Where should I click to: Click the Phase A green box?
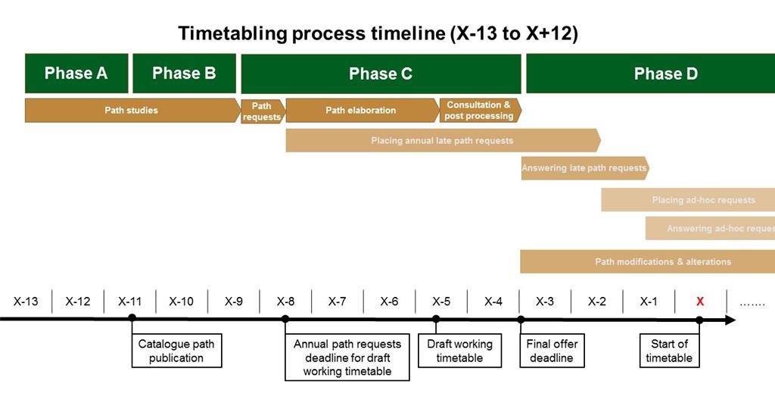[x=76, y=73]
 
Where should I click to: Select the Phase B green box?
[x=184, y=73]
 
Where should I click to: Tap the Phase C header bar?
[x=381, y=74]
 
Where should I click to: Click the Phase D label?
[x=665, y=74]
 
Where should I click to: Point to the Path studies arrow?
[x=132, y=111]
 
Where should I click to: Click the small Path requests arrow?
[x=262, y=111]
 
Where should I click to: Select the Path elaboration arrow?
[x=361, y=111]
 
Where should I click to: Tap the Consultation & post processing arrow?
[x=479, y=111]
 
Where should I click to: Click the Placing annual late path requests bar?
[x=442, y=140]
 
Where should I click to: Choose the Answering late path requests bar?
[x=584, y=168]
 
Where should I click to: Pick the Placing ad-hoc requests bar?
[x=703, y=200]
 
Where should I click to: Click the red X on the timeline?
[x=700, y=301]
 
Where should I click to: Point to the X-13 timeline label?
[x=26, y=301]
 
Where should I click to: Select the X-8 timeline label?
[x=285, y=301]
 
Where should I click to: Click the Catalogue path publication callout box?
[x=176, y=351]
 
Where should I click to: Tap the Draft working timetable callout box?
[x=459, y=351]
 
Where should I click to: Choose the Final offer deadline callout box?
[x=551, y=351]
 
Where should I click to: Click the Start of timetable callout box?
[x=669, y=351]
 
